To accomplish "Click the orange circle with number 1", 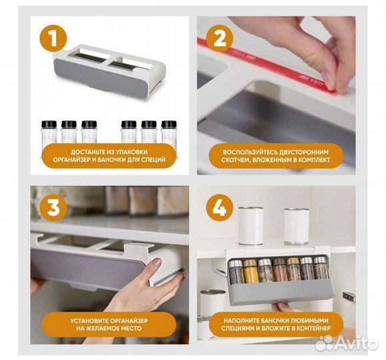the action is coord(53,38).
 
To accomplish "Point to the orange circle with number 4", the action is coord(220,208).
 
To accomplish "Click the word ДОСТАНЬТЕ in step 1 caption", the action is coord(86,152).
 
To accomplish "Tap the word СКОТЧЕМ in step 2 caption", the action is coord(235,160).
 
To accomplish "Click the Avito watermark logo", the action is coord(347,342).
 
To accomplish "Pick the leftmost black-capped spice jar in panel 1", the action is coord(49,132).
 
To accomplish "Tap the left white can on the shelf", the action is coord(251,226).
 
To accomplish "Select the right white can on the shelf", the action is coord(297,226).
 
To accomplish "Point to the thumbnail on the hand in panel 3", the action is coord(156,262).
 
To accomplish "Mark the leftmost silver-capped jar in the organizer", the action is coord(236,271).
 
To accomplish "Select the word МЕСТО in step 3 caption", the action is coord(132,329).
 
